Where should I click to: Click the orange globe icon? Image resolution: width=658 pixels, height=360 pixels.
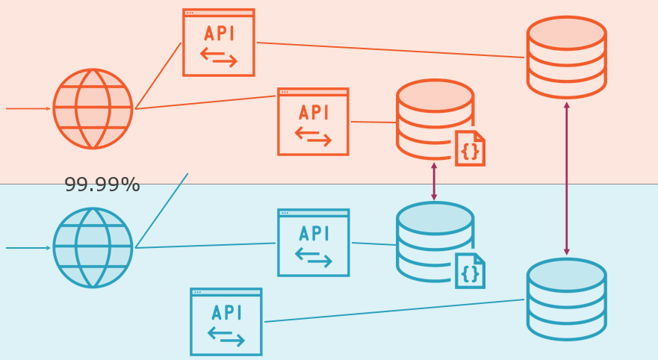pos(93,109)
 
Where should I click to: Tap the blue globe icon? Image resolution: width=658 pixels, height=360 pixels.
pos(93,248)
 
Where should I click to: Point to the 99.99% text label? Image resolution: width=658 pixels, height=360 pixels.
pos(102,185)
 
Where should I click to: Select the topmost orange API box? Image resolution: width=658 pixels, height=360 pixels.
pos(219,43)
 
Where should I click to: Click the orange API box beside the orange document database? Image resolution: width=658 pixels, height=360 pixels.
pos(313,122)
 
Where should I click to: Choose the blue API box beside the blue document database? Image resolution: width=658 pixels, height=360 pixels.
pos(314,243)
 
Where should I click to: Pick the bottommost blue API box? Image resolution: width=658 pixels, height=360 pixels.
pos(226,322)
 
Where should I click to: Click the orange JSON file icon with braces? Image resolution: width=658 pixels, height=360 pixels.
pos(470,149)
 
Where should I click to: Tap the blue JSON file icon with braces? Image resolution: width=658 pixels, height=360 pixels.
pos(470,271)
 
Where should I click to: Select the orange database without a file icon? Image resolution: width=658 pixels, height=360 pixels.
pos(566,58)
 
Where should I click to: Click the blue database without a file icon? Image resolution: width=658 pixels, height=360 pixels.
pos(566,299)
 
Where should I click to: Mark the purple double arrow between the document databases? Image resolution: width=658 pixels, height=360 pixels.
pos(434,181)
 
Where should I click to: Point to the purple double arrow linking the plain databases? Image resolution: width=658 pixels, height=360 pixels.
pos(566,179)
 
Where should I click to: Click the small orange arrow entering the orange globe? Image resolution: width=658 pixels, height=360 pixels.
pos(28,108)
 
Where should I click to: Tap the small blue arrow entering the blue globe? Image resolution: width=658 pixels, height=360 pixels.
pos(28,248)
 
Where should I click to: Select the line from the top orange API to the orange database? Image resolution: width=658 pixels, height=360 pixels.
pos(390,50)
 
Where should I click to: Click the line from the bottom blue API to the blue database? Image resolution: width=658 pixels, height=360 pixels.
pos(394,311)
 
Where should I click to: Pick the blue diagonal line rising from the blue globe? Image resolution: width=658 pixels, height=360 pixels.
pos(162,210)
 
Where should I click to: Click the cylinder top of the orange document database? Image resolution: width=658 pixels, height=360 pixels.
pos(435,96)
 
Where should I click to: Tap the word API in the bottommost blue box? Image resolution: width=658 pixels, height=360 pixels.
pos(226,313)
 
